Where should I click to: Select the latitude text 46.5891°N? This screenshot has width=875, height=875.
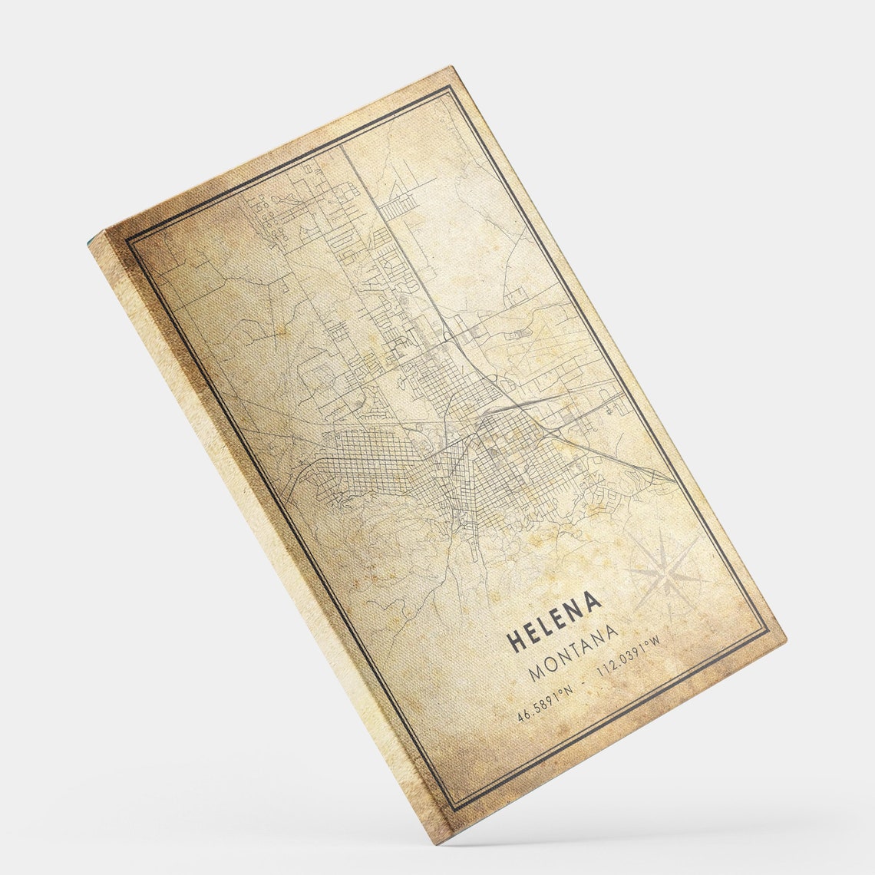[x=545, y=705]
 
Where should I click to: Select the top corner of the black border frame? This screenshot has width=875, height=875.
[x=448, y=87]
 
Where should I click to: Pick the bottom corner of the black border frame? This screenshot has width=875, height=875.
[x=453, y=811]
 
